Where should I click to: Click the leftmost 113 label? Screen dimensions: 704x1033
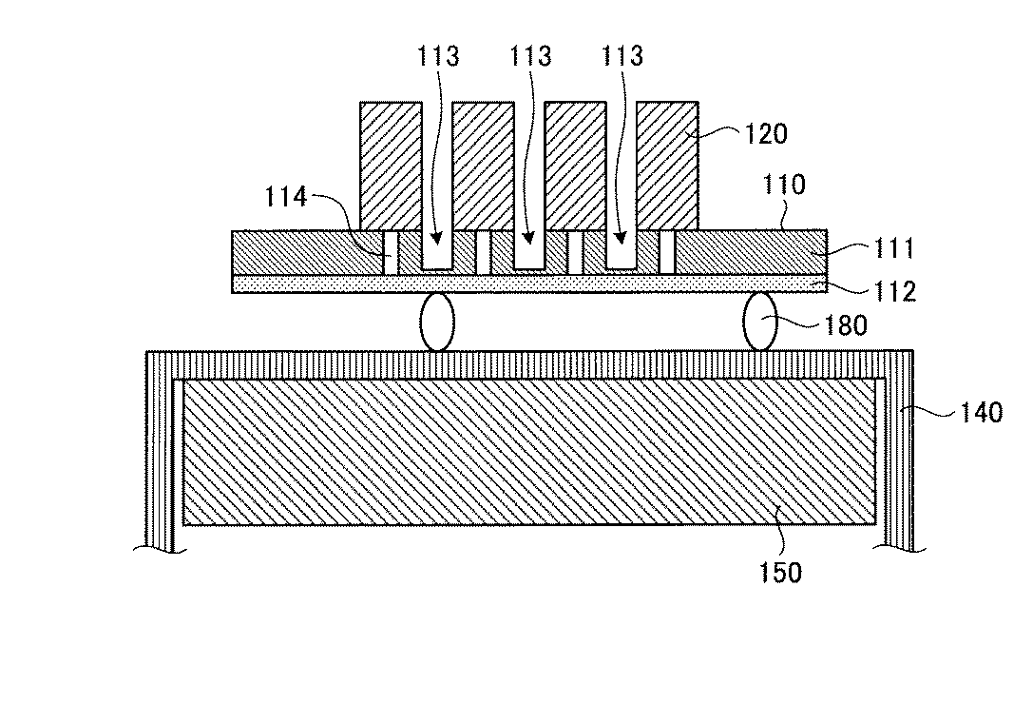coord(437,57)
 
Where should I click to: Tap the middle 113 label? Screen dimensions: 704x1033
coord(529,57)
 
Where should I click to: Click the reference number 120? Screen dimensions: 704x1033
coord(766,135)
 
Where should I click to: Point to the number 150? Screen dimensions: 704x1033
coord(780,572)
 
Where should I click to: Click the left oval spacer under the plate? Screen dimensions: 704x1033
coord(437,323)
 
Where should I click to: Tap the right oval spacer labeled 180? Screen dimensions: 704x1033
coord(761,323)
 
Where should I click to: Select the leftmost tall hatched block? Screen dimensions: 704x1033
coord(391,166)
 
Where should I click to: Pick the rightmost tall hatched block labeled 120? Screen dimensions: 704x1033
coord(667,166)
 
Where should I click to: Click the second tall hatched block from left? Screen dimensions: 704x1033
coord(483,166)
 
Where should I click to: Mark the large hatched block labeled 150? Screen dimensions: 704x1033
coord(528,452)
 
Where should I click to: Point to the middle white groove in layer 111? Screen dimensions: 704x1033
coord(529,252)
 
